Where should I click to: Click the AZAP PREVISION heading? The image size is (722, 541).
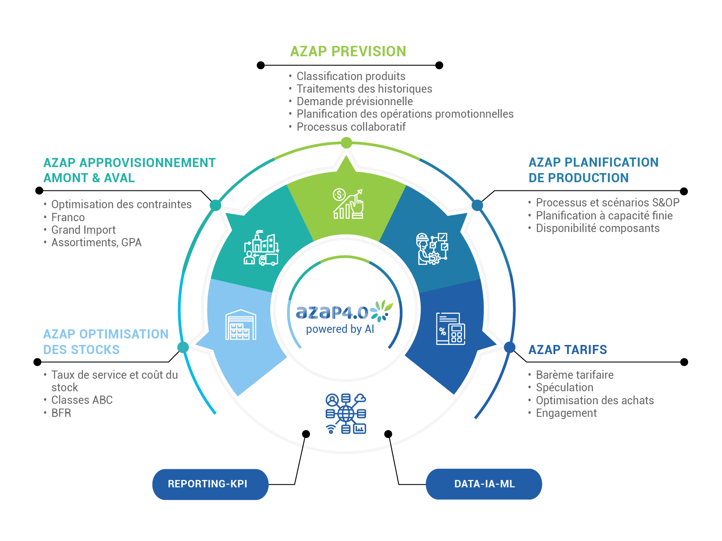tap(348, 52)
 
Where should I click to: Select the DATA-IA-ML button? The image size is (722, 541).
tap(484, 484)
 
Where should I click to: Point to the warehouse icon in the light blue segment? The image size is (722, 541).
tap(241, 325)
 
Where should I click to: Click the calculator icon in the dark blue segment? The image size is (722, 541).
tap(450, 328)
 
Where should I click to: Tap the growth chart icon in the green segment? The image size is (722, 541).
tap(348, 204)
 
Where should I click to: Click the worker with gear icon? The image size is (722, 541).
tap(432, 249)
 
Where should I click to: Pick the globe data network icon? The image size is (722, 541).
tap(346, 414)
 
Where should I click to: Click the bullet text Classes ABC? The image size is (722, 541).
tap(82, 400)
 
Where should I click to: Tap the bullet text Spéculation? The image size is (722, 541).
tap(564, 387)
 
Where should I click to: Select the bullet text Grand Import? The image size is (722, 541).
tap(84, 230)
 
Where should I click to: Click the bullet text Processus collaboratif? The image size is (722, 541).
tap(351, 127)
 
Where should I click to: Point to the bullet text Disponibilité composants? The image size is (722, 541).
tap(597, 228)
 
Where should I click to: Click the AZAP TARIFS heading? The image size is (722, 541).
tap(567, 350)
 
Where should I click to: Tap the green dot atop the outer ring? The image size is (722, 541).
tap(346, 142)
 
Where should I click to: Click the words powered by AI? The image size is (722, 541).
tap(340, 329)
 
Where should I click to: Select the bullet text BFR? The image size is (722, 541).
tap(61, 413)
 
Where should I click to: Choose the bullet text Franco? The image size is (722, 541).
tap(68, 217)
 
